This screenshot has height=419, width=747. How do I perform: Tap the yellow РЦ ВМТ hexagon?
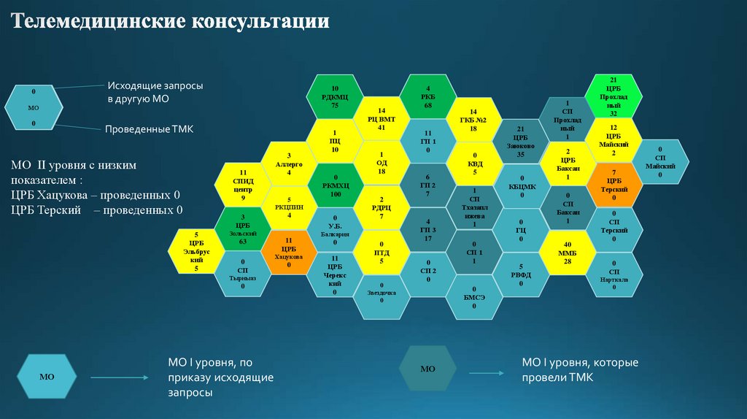pyautogui.click(x=381, y=118)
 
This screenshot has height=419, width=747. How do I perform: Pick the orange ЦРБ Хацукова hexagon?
pyautogui.click(x=288, y=251)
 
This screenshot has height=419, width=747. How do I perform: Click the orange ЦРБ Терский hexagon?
pyautogui.click(x=614, y=185)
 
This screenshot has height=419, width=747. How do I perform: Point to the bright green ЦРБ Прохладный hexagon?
pyautogui.click(x=614, y=96)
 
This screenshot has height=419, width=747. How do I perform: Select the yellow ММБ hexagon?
pyautogui.click(x=567, y=253)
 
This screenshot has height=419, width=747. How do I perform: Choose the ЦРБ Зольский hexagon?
pyautogui.click(x=242, y=228)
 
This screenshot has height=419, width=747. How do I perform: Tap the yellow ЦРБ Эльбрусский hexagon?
pyautogui.click(x=196, y=251)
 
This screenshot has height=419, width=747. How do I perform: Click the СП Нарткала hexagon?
pyautogui.click(x=614, y=274)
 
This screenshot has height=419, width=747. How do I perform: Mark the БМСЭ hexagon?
pyautogui.click(x=474, y=296)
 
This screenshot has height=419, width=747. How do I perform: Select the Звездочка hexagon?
pyautogui.click(x=381, y=296)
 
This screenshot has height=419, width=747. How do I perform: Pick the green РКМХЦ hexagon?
pyautogui.click(x=335, y=185)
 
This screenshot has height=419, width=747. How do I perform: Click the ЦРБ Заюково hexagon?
pyautogui.click(x=520, y=141)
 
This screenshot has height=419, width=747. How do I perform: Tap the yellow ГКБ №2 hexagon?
pyautogui.click(x=474, y=118)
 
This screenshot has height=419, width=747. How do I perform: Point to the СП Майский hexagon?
pyautogui.click(x=660, y=162)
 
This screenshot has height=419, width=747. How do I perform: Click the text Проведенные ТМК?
pyautogui.click(x=150, y=128)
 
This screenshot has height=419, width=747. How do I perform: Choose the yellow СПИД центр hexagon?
pyautogui.click(x=242, y=185)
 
